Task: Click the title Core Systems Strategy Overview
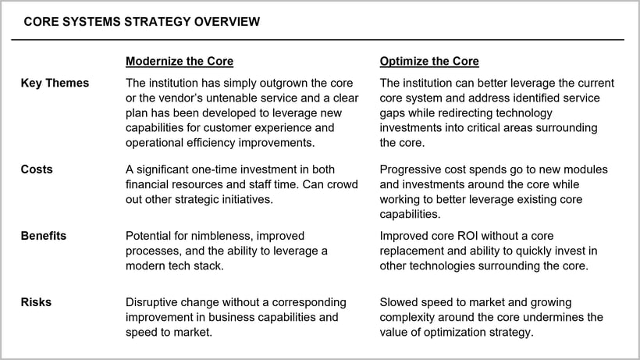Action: (141, 23)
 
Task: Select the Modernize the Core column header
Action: (180, 61)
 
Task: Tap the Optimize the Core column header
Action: (429, 61)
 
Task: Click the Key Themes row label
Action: (55, 84)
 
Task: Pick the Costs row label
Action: (37, 169)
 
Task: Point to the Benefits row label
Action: (44, 235)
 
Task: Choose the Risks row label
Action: (36, 301)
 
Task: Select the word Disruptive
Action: (154, 301)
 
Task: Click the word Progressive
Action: (410, 169)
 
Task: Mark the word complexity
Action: (411, 316)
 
